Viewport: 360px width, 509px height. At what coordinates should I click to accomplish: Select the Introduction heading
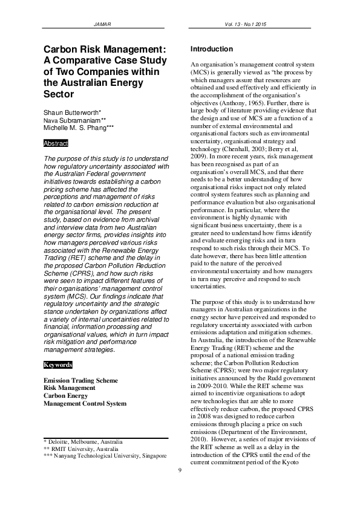click(x=211, y=49)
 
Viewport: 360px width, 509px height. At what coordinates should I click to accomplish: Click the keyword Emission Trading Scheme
click(x=80, y=380)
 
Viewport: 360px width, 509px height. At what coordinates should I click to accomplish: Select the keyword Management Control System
click(x=85, y=404)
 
